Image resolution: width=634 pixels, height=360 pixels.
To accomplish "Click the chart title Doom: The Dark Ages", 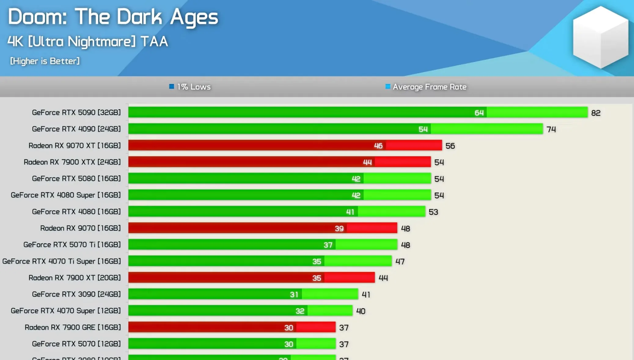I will coord(113,17).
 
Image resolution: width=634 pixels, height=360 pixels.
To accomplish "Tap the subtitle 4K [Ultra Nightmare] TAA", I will coord(88,42).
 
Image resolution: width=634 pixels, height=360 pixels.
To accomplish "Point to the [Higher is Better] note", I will coord(45,61).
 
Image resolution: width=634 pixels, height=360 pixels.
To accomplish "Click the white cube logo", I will coord(600,37).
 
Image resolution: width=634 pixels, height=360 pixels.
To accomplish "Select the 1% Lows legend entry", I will coord(190,87).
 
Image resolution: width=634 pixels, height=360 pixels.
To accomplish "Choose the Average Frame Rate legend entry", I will coord(426,87).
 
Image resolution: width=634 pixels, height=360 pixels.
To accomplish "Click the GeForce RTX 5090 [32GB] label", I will coord(76,113).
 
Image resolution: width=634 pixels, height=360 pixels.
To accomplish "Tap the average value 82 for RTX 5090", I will coord(596,113).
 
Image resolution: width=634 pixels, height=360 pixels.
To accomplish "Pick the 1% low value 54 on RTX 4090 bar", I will coord(423,129).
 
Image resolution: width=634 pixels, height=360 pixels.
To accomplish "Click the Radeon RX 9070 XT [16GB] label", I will coord(75,146).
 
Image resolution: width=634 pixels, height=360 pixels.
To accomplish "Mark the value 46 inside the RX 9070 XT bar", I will coord(378,146).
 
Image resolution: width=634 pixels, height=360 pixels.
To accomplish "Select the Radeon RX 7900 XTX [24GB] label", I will coord(72,162).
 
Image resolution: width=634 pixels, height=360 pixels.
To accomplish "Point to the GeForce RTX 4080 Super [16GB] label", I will coord(66,195).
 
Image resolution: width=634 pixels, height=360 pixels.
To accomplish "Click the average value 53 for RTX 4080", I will coord(433,212).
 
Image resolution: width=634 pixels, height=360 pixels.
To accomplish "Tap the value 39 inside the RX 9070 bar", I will coord(339,228).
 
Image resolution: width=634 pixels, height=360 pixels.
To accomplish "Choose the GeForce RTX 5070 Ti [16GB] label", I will coord(72,245).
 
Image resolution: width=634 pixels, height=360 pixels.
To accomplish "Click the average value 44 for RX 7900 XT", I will coord(383,278).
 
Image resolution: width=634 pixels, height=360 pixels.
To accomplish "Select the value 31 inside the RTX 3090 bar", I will coord(294,295).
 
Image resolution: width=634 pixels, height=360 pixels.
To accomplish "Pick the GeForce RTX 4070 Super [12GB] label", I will coord(66,311).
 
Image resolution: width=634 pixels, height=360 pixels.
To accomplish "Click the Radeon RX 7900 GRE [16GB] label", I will coord(73,327).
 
